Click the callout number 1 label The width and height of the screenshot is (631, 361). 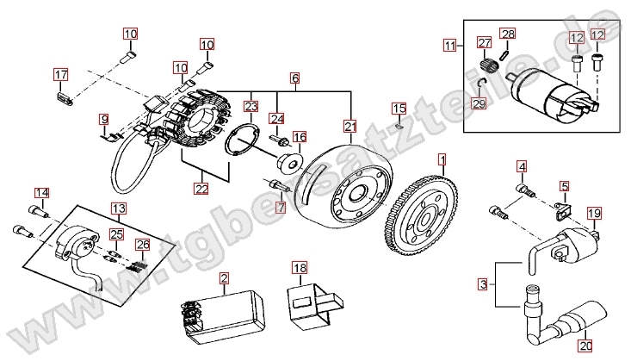click(442, 159)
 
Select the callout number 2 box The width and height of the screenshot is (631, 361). click(224, 278)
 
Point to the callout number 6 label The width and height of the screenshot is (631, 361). click(294, 78)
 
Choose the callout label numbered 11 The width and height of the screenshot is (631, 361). click(449, 44)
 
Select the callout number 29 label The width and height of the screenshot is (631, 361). click(479, 104)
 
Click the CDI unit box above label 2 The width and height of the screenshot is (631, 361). click(221, 308)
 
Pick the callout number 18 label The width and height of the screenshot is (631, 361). click(299, 268)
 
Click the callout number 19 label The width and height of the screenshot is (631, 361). click(593, 213)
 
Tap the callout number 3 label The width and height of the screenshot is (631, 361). click(483, 283)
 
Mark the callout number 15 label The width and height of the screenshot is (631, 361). click(399, 109)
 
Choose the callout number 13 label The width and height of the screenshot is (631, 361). click(118, 209)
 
